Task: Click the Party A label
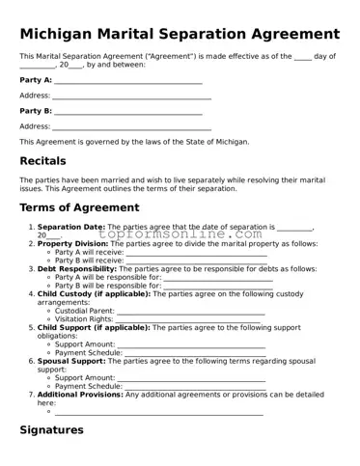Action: [36, 80]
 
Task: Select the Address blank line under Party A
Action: [131, 96]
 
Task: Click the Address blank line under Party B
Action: [131, 127]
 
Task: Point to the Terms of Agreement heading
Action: [87, 207]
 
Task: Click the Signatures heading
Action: [58, 429]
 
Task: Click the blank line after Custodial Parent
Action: [189, 312]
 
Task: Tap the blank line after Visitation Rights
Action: [188, 319]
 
